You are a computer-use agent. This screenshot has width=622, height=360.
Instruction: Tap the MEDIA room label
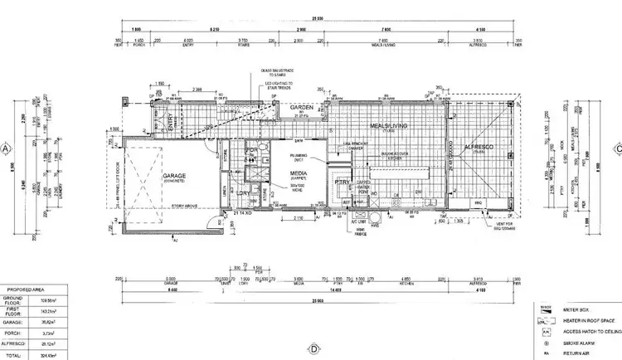pyautogui.click(x=299, y=174)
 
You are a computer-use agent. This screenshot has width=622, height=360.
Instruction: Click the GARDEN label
pyautogui.click(x=302, y=107)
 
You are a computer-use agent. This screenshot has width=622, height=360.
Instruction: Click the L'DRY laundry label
pyautogui.click(x=243, y=192)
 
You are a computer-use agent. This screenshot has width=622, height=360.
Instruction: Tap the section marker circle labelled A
pyautogui.click(x=7, y=149)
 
